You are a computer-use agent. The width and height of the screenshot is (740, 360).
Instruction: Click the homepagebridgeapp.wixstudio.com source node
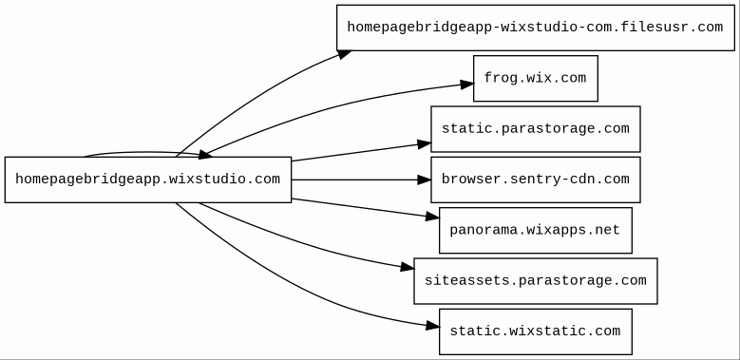tap(148, 180)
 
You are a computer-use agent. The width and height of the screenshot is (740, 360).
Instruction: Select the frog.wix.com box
tap(536, 78)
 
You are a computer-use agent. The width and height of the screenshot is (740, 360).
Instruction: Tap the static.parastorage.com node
tap(536, 129)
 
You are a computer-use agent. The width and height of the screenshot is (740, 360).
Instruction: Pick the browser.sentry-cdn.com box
tap(536, 180)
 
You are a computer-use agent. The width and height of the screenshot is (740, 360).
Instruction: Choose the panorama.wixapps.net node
tap(536, 230)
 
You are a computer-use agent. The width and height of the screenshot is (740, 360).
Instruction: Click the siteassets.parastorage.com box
tap(536, 281)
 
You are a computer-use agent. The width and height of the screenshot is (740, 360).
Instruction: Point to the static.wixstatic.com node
tap(536, 332)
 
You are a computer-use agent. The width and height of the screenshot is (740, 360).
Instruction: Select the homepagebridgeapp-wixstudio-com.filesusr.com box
tap(536, 28)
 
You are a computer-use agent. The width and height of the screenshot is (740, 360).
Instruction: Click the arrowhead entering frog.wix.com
tap(467, 85)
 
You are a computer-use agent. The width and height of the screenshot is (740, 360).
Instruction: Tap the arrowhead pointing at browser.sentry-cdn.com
tap(425, 180)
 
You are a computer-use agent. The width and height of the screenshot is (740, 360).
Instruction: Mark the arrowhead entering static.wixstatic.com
tap(433, 326)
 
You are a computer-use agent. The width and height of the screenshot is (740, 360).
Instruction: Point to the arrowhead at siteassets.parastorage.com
tap(408, 268)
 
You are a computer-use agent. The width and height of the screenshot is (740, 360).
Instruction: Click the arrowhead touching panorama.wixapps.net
tap(433, 217)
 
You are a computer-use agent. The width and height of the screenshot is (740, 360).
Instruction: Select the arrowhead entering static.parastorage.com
tap(425, 144)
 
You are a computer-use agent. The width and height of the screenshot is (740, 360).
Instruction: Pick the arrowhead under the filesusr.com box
tap(345, 54)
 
